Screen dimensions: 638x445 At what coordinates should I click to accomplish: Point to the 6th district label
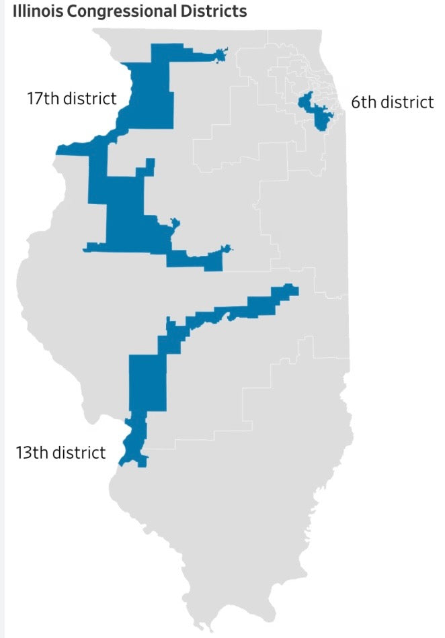393,102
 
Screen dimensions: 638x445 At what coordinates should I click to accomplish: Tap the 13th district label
60,452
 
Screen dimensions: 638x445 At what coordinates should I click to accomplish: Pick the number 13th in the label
32,452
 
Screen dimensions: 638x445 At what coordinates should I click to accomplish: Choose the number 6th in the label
364,102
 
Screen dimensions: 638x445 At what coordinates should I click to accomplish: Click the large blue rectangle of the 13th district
147,382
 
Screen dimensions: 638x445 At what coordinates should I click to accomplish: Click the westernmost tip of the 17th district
59,150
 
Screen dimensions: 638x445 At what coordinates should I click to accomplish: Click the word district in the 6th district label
407,102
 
